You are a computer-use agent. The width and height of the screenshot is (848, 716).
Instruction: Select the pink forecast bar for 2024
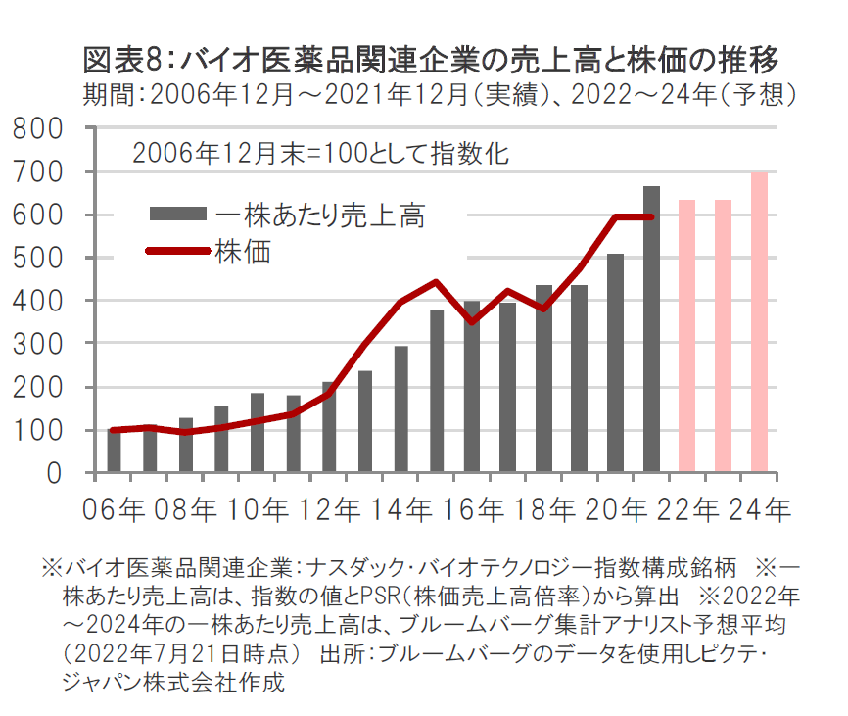coord(759,323)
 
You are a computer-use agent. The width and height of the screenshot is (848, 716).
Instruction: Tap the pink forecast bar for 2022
coord(687,337)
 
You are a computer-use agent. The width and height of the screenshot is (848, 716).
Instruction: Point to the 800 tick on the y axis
coord(41,128)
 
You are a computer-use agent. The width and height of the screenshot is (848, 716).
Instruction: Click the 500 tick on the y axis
coord(41,258)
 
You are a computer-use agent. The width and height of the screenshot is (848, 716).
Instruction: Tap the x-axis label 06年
coord(118,509)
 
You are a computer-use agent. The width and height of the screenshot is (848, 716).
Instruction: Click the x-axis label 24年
coord(760,509)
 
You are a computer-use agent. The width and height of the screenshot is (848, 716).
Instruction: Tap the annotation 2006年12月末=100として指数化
coord(322,154)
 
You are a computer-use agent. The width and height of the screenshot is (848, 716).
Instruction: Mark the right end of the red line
coord(651,216)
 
